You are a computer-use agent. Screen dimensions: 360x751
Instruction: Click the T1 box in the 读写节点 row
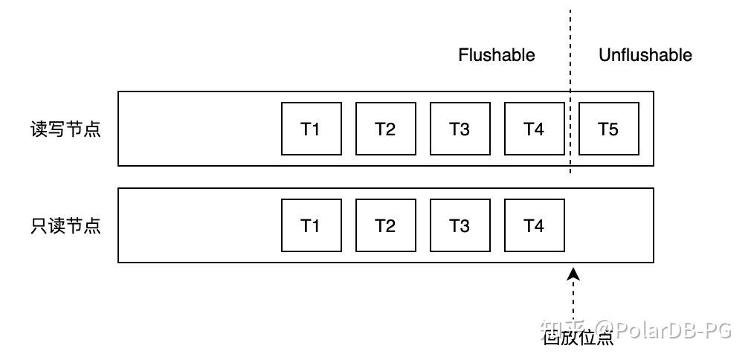click(x=311, y=129)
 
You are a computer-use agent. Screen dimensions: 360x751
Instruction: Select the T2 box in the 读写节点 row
click(x=385, y=129)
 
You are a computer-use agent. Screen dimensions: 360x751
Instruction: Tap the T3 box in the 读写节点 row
click(x=460, y=129)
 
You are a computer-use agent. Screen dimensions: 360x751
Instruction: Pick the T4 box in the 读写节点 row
click(x=534, y=129)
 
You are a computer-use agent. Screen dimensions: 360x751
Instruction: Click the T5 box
click(x=608, y=129)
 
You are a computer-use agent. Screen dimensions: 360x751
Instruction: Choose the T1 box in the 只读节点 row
click(x=311, y=225)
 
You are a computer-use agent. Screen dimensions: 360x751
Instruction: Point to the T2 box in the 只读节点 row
click(x=385, y=225)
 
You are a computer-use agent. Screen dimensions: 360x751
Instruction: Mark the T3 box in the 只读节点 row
click(x=460, y=225)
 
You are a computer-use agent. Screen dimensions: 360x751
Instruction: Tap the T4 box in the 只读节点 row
click(x=534, y=225)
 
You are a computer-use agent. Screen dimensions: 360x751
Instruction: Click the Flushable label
click(x=496, y=55)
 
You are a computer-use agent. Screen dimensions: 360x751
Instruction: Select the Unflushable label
click(x=645, y=55)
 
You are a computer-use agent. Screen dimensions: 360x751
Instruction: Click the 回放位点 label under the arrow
click(x=578, y=338)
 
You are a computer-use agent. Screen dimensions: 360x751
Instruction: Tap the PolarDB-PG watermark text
click(x=665, y=329)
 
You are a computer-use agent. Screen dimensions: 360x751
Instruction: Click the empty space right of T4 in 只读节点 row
click(x=608, y=225)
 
